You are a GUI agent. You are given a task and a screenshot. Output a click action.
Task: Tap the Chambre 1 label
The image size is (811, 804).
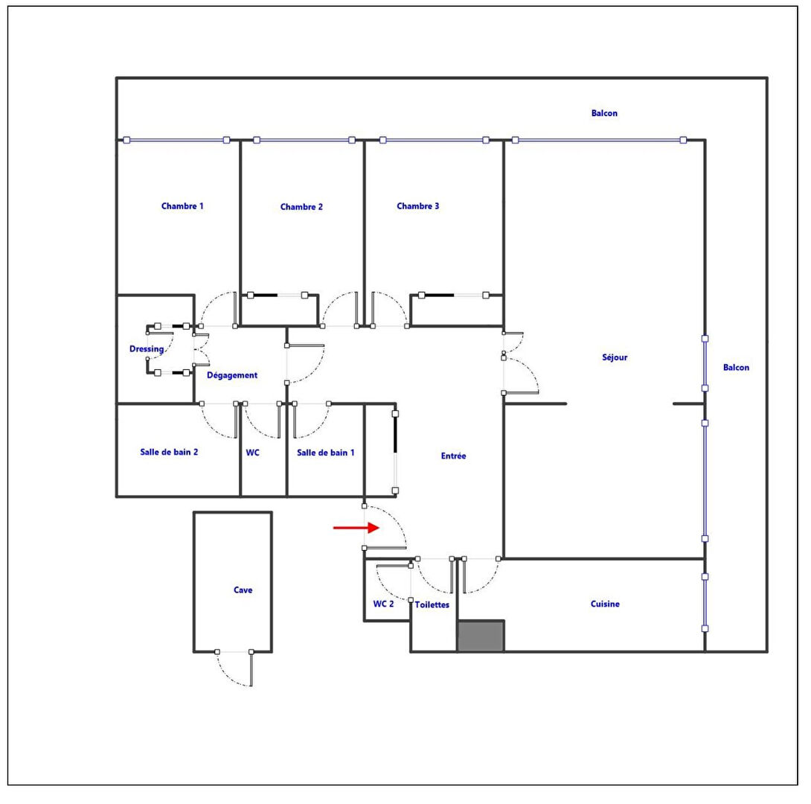pos(182,206)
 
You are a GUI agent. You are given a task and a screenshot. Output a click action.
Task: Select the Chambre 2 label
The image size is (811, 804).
pos(301,207)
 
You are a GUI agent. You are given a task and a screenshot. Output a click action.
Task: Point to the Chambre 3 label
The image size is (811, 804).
pos(417,206)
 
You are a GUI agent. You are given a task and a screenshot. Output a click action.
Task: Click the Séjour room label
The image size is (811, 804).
pos(615,357)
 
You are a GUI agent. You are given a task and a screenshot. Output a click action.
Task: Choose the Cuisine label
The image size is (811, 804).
pos(605,604)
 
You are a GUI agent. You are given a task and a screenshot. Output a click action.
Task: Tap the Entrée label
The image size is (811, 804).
pos(453,456)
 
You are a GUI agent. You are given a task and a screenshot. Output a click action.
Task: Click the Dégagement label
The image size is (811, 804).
pos(232,375)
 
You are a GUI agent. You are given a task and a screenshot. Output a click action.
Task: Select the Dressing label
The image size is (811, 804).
pos(147,348)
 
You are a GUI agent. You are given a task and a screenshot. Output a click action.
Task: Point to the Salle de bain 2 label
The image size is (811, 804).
pos(169,452)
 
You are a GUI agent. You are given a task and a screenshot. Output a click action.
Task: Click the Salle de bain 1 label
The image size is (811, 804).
pos(325,453)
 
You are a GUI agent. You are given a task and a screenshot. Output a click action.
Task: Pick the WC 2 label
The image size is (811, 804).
pos(383,604)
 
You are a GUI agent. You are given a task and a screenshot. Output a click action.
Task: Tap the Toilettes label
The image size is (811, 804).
pos(432,605)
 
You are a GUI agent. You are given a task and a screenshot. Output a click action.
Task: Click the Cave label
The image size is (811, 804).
pos(243,590)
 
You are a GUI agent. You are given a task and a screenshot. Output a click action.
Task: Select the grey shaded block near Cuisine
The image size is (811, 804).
pos(481,636)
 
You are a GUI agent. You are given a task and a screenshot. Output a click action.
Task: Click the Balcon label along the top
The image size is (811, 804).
pos(604,113)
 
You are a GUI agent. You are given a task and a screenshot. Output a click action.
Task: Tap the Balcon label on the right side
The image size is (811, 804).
pos(736,367)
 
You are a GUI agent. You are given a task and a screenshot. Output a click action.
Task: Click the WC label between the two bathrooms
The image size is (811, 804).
pos(252,453)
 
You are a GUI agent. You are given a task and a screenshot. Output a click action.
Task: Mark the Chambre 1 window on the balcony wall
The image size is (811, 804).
pos(176,140)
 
